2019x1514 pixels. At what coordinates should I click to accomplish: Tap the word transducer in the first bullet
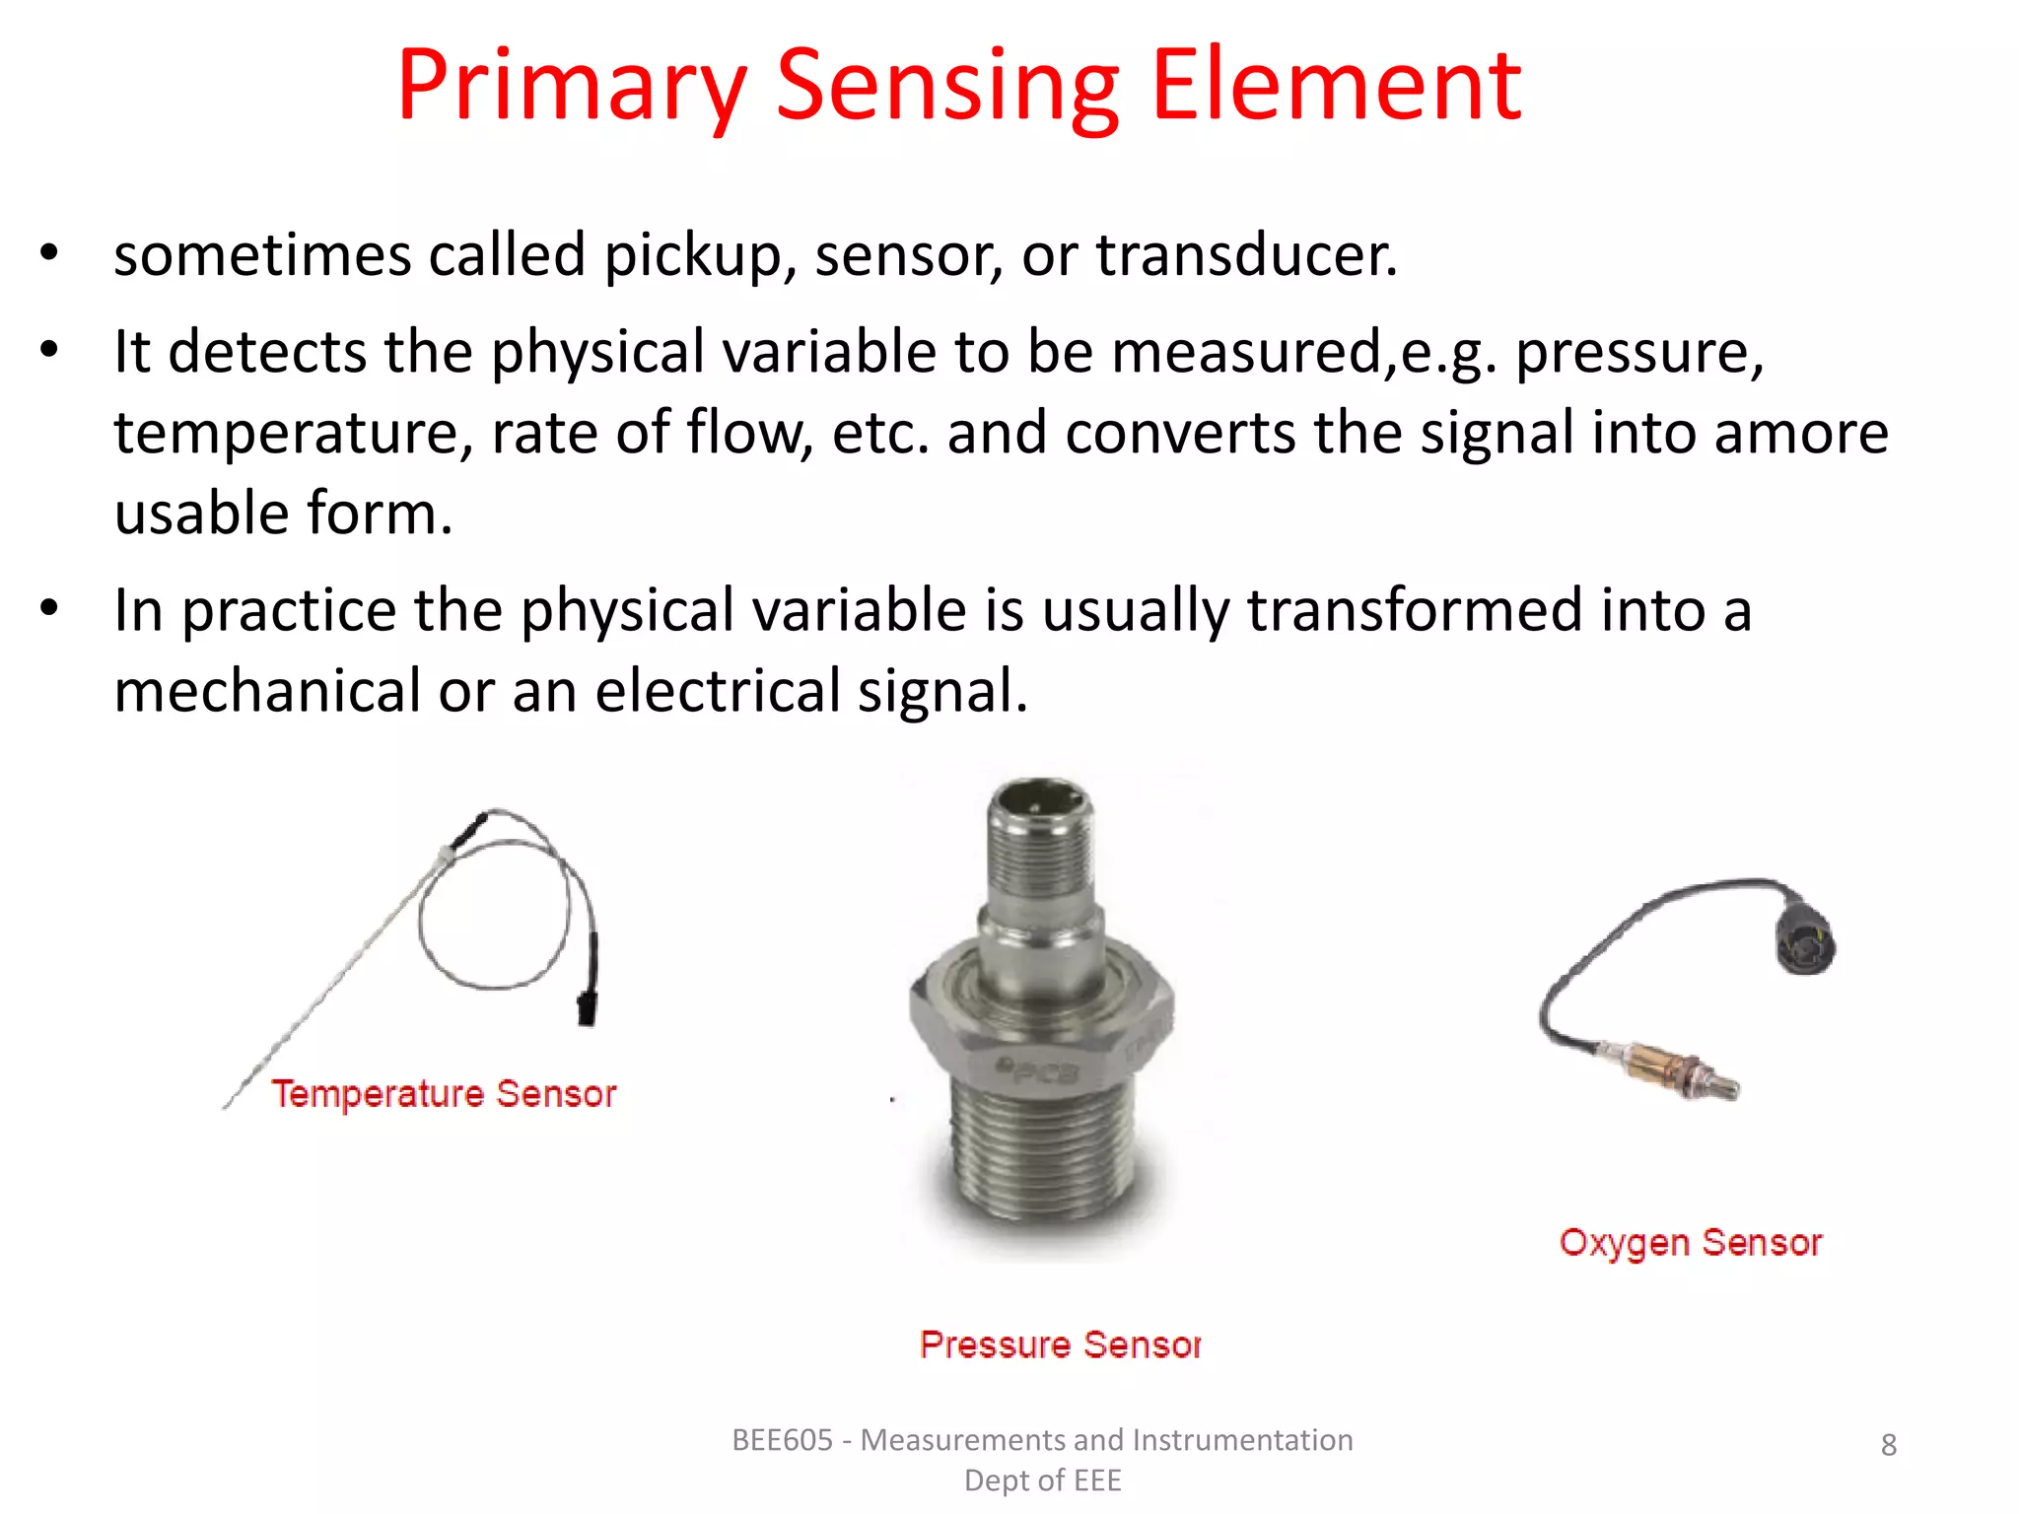1246,254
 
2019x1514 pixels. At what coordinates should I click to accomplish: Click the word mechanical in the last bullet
267,690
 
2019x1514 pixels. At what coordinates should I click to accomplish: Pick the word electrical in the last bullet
717,690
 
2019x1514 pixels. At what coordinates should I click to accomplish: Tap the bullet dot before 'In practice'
49,608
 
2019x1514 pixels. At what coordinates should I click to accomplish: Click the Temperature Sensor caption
444,1094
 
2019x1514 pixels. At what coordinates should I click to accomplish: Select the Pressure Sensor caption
1060,1344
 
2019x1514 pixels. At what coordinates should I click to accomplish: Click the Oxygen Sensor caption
1690,1243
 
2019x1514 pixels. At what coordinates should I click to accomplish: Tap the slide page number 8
1888,1444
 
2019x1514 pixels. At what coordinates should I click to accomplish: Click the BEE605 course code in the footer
782,1440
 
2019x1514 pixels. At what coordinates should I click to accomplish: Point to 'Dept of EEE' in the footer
1042,1480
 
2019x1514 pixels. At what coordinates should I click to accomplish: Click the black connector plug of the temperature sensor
588,1007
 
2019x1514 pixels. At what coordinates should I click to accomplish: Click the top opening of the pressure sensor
1040,798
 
